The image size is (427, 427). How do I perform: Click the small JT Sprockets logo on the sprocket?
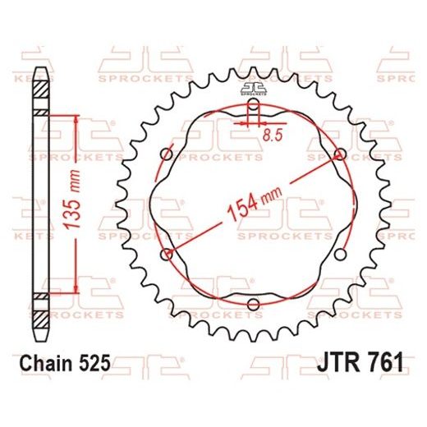(x=252, y=91)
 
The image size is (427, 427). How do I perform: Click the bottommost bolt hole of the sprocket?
(x=252, y=307)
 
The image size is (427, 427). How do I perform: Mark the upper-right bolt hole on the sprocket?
(x=338, y=154)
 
